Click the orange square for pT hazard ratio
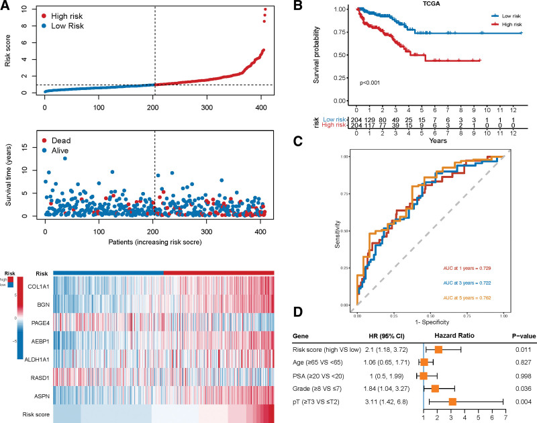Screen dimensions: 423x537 coord(452,402)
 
